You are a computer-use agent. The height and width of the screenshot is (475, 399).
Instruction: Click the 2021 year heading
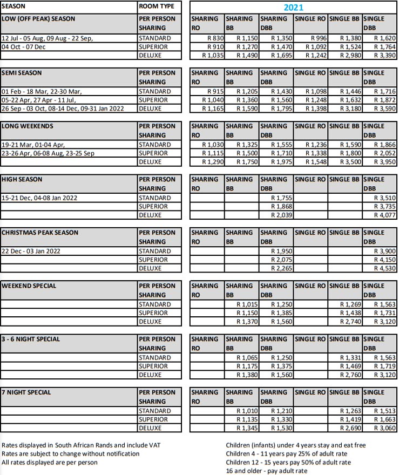(294, 8)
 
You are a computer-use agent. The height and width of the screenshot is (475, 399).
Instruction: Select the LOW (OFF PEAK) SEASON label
(39, 19)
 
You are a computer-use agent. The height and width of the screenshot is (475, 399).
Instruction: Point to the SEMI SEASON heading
(22, 72)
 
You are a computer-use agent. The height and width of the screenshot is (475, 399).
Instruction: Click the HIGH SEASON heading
(22, 179)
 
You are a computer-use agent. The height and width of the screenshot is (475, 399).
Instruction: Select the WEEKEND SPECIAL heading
(29, 286)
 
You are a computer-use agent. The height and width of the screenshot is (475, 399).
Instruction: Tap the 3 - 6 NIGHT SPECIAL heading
(31, 339)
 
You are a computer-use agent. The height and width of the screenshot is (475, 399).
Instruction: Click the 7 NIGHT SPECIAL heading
(27, 392)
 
